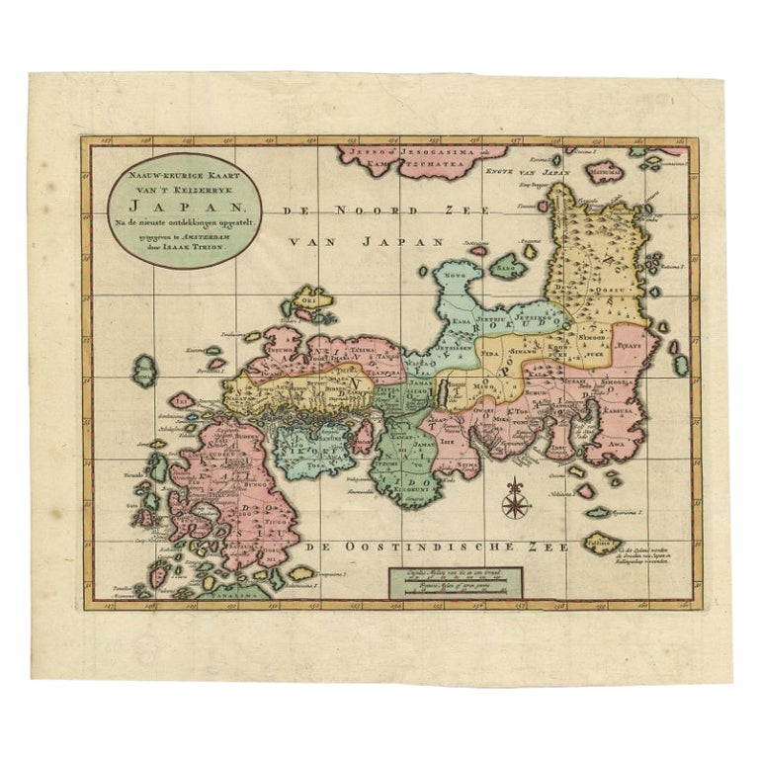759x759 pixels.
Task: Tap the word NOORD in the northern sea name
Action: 382,211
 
